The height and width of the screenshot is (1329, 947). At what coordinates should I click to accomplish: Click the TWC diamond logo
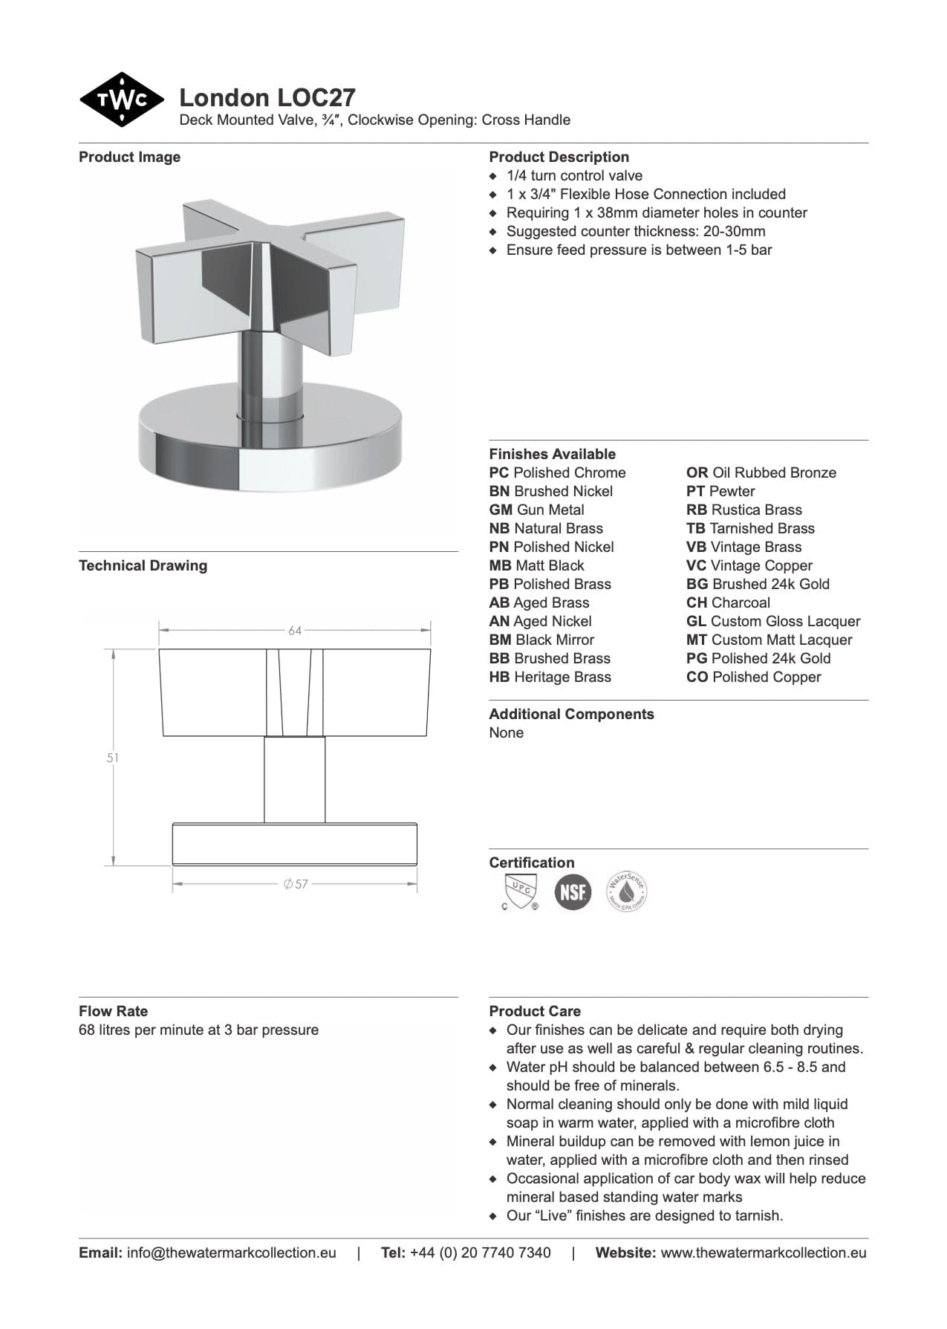coord(121,100)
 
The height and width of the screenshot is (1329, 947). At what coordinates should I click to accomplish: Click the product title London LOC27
coord(267,97)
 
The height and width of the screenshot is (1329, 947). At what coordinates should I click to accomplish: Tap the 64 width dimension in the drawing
coord(295,631)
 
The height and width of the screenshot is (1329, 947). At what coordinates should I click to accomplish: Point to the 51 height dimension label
coord(113,758)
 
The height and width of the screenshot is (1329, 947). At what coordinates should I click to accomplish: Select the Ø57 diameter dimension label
coord(296,884)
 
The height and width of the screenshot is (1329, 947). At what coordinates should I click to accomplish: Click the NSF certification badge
coord(573,891)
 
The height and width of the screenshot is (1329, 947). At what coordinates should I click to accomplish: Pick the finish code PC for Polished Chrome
coord(499,472)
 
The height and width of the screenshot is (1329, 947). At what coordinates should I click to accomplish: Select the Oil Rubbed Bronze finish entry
coord(761,472)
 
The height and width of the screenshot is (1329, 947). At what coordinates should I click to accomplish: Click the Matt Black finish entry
coord(537,565)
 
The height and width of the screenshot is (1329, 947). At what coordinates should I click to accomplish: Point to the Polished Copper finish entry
coord(754,677)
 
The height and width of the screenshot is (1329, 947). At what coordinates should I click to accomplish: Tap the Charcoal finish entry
coord(728,602)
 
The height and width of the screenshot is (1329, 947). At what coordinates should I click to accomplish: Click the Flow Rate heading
coord(113,1011)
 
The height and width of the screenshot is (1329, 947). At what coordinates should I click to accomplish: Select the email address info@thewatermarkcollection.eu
coord(231,1252)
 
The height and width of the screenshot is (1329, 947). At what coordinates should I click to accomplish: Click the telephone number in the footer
coord(480,1252)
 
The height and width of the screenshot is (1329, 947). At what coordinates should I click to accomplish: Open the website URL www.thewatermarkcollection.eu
coord(763,1252)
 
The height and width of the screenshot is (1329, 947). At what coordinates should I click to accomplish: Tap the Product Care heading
coord(535,1011)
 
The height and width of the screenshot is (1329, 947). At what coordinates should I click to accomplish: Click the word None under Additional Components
coord(506,732)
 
